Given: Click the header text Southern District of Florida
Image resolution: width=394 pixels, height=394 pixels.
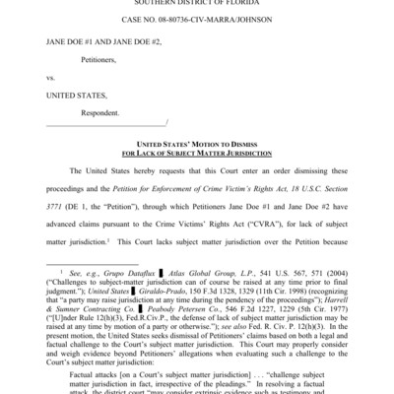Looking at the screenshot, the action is (197, 3).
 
